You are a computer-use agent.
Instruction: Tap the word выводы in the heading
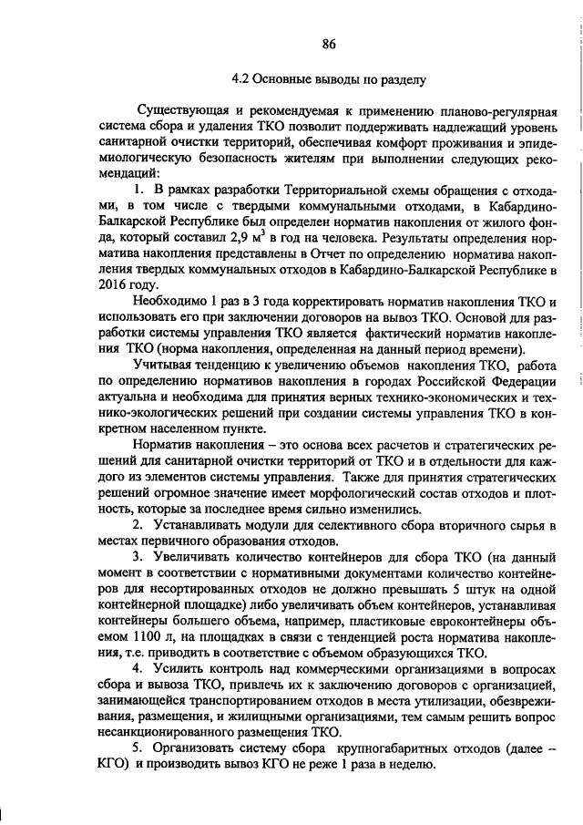tap(332, 79)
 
